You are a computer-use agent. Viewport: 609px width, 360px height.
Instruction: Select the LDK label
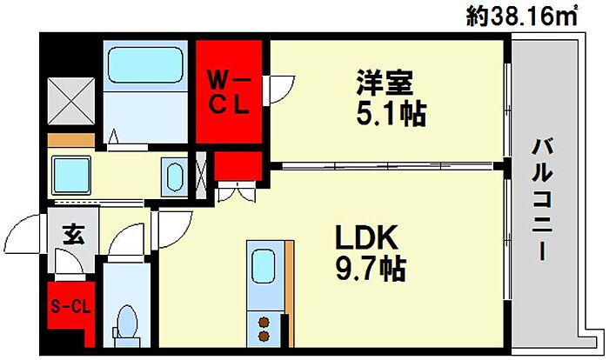coord(366,237)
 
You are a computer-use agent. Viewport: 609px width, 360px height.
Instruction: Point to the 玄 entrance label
coord(71,233)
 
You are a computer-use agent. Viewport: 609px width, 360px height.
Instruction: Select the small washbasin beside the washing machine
coord(172,177)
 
